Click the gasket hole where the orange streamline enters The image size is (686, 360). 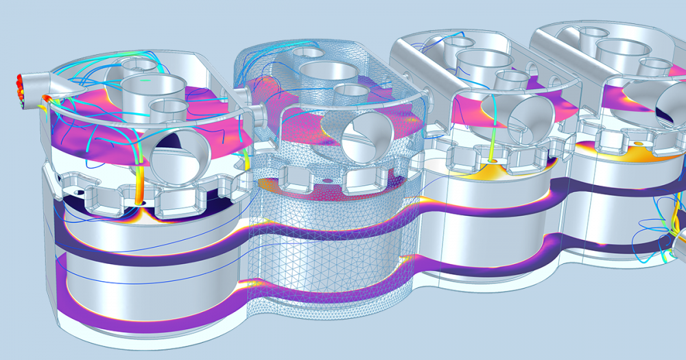(142, 203)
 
